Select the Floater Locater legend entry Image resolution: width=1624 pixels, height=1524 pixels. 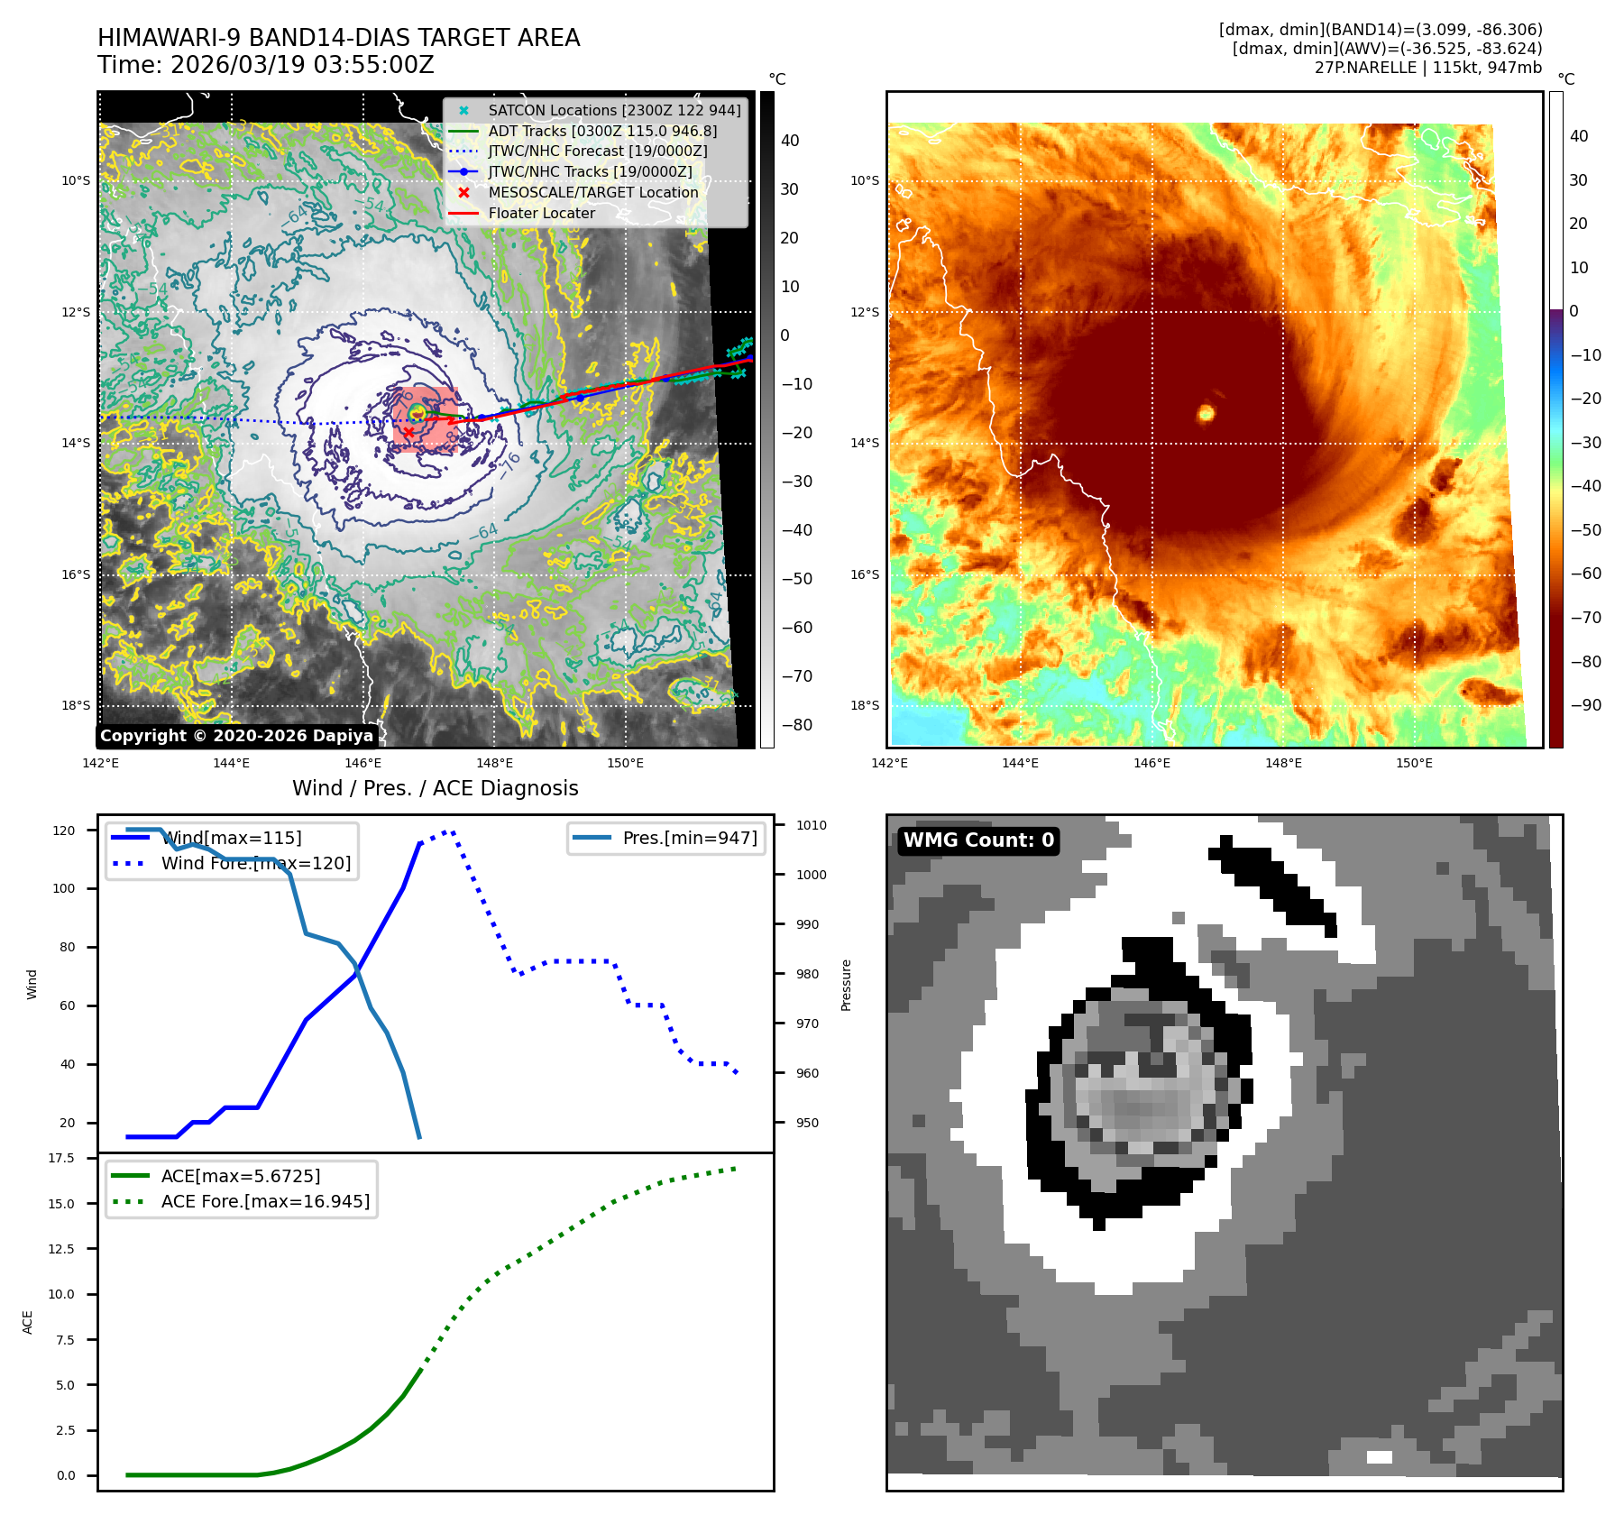tap(541, 214)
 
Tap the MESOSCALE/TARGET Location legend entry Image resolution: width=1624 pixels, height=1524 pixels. tap(592, 193)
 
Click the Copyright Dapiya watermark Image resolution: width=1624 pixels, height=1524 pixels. tap(236, 736)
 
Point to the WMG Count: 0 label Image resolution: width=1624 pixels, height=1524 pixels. tap(978, 840)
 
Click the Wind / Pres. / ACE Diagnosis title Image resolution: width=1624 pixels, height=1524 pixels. tap(435, 788)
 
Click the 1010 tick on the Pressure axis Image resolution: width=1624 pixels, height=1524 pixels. tap(811, 825)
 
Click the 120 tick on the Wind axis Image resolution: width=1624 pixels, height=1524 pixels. tap(64, 831)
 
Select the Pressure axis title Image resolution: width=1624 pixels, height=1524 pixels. tap(846, 985)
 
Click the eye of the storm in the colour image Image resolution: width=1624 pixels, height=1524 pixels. tap(1206, 413)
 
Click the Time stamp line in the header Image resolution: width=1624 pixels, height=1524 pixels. tap(266, 66)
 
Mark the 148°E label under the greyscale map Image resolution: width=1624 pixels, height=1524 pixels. tap(494, 763)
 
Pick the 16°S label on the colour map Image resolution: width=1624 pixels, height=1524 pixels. tap(865, 574)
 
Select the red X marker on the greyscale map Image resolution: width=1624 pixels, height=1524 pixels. tap(408, 433)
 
